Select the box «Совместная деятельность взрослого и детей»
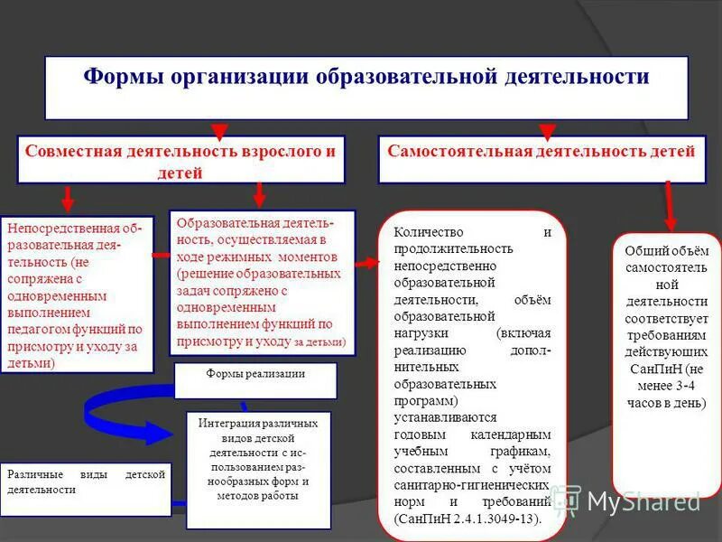pos(180,161)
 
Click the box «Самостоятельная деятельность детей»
pos(541,152)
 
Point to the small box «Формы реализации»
pos(255,374)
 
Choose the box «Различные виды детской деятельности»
pos(86,481)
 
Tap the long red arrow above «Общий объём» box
pos(669,206)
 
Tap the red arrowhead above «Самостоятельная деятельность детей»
pos(546,132)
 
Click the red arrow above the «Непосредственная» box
pos(67,200)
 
